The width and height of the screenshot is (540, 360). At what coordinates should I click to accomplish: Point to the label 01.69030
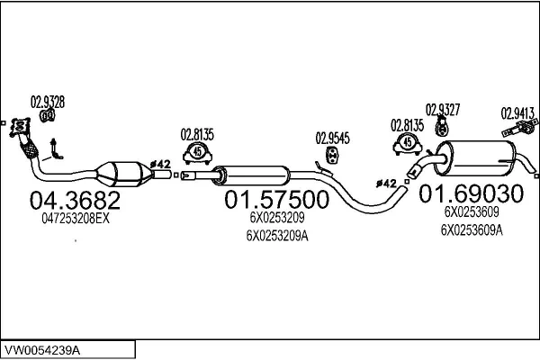click(x=466, y=193)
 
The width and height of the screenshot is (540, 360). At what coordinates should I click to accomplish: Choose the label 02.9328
click(x=49, y=101)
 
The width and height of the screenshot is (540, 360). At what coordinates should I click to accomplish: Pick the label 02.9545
click(x=332, y=139)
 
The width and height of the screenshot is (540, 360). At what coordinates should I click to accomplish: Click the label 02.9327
click(x=444, y=110)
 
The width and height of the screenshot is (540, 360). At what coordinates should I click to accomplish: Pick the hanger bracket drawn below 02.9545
click(x=328, y=158)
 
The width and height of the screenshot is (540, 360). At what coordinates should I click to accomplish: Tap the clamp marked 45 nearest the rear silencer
click(x=409, y=143)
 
